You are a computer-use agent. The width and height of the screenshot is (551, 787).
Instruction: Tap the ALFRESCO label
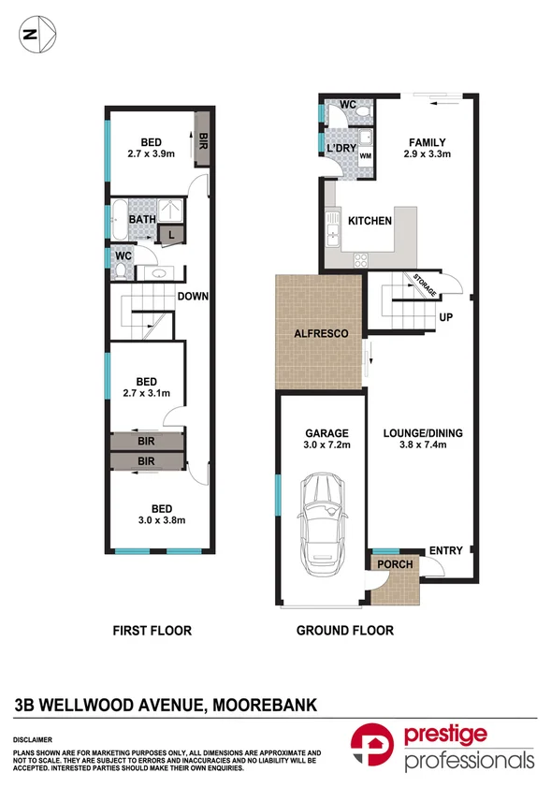[321, 333]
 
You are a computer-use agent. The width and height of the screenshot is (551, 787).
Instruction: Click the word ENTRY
[445, 550]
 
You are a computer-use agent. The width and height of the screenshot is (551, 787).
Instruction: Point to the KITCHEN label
[370, 221]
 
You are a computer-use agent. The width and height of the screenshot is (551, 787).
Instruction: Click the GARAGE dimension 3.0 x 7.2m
[326, 446]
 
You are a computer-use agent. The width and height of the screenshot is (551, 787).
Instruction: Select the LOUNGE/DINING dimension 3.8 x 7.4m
[423, 446]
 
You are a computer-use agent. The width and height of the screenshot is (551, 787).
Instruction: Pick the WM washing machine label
[365, 154]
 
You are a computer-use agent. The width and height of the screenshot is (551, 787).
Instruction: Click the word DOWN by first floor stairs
[192, 298]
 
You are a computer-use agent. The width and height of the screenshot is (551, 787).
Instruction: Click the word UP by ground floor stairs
[446, 317]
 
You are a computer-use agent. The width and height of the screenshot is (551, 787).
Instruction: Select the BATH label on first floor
[142, 220]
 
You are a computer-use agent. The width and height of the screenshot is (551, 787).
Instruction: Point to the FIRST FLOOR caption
[152, 631]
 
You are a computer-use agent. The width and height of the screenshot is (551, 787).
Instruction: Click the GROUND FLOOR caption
[344, 631]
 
